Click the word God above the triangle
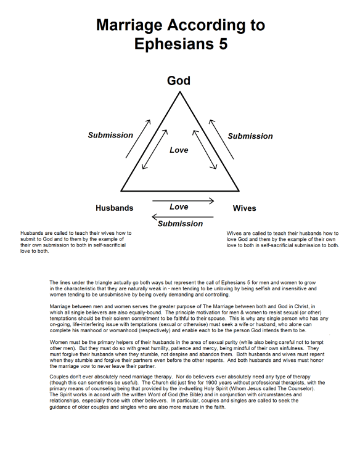tap(179, 81)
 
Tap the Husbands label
tap(114, 208)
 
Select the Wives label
tap(244, 208)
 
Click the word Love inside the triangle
tap(179, 150)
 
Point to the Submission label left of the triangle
tap(110, 135)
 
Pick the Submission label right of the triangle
tap(250, 136)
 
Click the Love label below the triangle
tap(179, 206)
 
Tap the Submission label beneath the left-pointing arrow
tap(180, 224)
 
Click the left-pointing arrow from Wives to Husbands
tap(182, 216)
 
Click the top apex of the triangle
tap(179, 92)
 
